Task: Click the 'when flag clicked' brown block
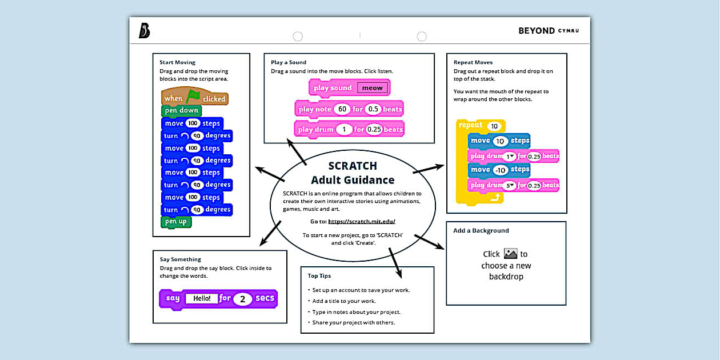coord(194,98)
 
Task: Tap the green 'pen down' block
coord(181,110)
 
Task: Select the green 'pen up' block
coord(176,222)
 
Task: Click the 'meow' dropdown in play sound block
coord(373,88)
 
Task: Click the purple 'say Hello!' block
coord(218,298)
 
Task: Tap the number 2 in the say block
coord(242,298)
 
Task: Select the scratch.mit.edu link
coord(362,221)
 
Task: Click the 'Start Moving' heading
coord(177,62)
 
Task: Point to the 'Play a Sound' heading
coord(289,62)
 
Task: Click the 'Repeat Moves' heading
coord(473,62)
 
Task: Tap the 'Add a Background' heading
coord(481,231)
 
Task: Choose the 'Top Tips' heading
coord(320,275)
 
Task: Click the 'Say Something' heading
coord(181,259)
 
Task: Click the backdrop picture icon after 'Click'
coord(510,254)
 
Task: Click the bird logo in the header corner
coord(144,31)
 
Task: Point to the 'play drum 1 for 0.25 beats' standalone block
coord(349,130)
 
